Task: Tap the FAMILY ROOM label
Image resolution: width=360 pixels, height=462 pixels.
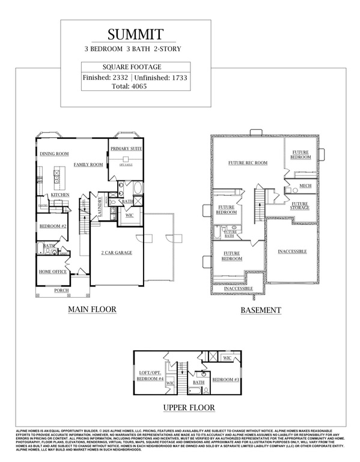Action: coord(89,164)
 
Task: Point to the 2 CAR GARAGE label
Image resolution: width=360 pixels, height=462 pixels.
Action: coord(116,253)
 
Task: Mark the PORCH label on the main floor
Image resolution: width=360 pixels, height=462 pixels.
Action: coord(61,290)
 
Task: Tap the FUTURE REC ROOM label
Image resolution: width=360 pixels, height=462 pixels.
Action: coord(248,163)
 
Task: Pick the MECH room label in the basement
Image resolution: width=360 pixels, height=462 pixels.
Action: coord(305,186)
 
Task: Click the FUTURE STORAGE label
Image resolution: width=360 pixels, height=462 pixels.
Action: coord(300,206)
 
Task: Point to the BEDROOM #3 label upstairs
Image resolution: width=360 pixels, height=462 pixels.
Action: coord(227,380)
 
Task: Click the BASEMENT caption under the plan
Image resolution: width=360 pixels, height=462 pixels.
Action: coord(261,310)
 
